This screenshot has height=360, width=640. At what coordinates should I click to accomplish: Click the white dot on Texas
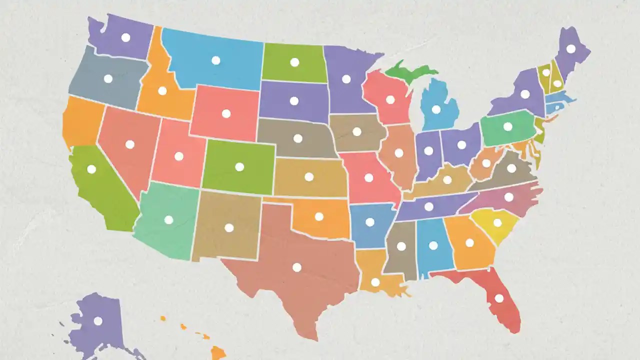tap(297, 267)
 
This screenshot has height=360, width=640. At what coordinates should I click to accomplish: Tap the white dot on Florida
tap(499, 298)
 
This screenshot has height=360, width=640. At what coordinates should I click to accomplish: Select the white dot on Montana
tap(216, 60)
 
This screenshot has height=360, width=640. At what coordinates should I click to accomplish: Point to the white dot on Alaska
tap(98, 321)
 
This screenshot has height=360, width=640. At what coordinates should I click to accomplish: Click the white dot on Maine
tap(570, 49)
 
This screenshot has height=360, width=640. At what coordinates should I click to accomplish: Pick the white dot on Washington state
tap(125, 37)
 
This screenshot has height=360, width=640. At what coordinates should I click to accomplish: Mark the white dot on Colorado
tap(239, 167)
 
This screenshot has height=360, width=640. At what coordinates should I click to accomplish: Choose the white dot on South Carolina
tap(497, 223)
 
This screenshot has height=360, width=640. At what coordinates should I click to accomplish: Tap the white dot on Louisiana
tap(375, 282)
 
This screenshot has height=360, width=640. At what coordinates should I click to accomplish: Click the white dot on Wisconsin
tap(390, 100)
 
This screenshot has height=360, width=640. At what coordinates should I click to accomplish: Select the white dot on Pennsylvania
tap(508, 127)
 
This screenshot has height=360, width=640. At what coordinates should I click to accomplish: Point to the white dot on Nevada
tap(130, 144)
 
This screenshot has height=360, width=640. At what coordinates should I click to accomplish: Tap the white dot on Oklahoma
tap(319, 217)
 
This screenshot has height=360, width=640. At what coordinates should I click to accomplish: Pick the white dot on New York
tap(525, 94)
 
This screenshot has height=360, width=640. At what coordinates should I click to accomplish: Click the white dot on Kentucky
tap(447, 180)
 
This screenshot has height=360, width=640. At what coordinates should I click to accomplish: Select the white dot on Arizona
tap(168, 220)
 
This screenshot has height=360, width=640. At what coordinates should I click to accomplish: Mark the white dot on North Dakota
tap(294, 62)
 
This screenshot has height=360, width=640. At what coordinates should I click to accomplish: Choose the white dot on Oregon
tap(108, 78)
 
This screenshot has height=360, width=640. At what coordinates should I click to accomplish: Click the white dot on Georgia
tap(469, 243)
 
